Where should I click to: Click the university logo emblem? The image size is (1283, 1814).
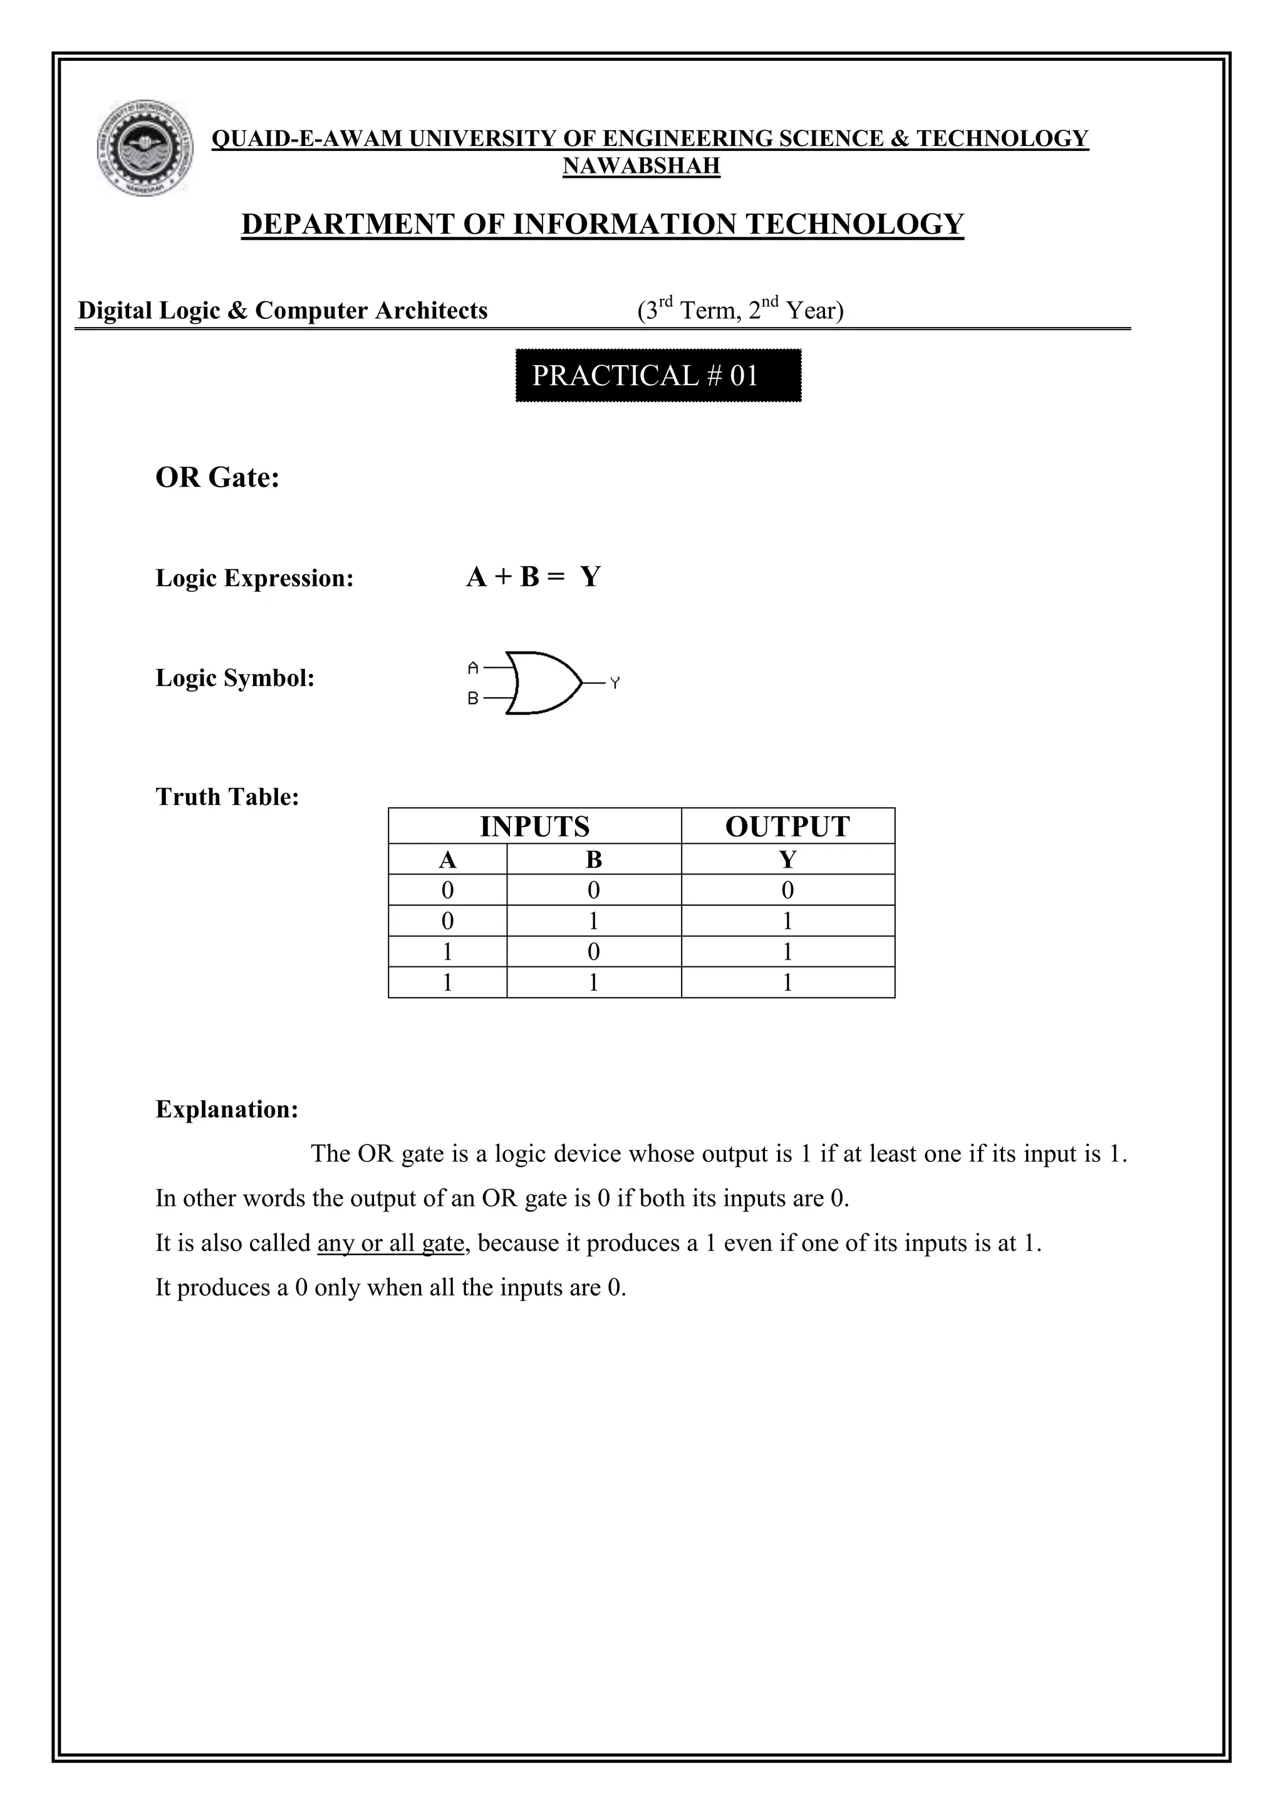[x=145, y=148]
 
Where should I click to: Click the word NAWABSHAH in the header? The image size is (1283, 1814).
[x=641, y=166]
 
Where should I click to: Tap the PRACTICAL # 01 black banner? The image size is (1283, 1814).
[x=658, y=375]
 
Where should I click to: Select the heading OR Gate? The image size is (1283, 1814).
[x=217, y=477]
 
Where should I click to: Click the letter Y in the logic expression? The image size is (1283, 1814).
[x=590, y=578]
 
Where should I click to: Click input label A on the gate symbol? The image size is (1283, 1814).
[x=473, y=668]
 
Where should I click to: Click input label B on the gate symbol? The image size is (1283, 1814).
[x=473, y=698]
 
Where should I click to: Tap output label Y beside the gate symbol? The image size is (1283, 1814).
[x=615, y=683]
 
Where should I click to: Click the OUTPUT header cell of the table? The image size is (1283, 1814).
[x=787, y=826]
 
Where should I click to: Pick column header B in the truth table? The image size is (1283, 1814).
[x=593, y=859]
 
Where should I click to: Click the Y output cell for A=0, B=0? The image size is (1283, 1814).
[x=787, y=891]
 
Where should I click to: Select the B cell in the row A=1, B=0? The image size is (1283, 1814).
[x=593, y=952]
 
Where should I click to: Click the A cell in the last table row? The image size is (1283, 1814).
[x=447, y=983]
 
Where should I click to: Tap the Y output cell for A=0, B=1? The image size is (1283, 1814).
[x=787, y=921]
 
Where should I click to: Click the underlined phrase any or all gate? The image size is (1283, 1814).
[x=390, y=1243]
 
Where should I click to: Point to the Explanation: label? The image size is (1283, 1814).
[x=227, y=1109]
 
